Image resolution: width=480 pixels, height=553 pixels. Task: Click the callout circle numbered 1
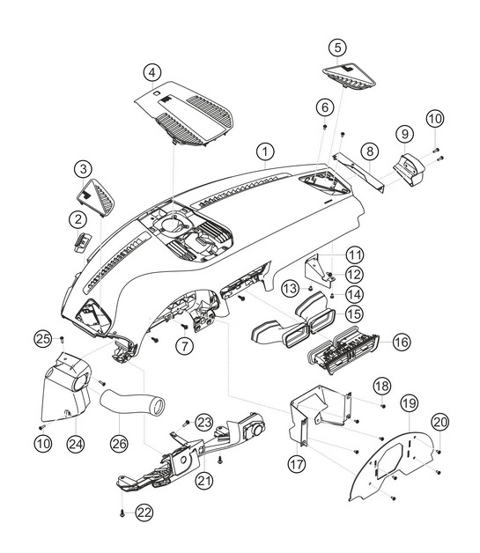point(265,152)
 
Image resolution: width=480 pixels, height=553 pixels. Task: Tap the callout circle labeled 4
point(152,73)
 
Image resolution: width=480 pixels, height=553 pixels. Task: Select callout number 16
point(402,342)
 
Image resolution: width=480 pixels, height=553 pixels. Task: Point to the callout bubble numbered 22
point(144,512)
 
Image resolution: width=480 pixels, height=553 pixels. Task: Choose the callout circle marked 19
point(410,403)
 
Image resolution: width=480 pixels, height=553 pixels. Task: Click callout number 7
point(185,345)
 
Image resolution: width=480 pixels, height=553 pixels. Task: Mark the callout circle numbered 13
point(291,289)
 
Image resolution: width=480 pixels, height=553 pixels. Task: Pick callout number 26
point(119,443)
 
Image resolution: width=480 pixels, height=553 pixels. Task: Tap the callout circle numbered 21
point(205,480)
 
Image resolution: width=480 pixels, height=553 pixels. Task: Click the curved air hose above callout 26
point(132,402)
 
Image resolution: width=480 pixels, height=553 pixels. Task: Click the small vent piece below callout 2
point(82,241)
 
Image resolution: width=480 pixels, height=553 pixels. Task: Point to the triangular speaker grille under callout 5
point(349,77)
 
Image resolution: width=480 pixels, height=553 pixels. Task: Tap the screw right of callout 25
point(62,339)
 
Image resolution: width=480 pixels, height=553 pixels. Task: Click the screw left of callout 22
point(122,513)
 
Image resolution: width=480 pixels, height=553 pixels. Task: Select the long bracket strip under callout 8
point(358,172)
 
